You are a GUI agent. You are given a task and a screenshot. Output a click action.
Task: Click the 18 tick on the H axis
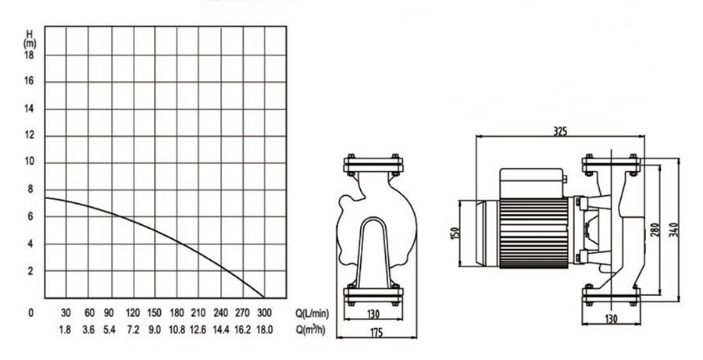[x=29, y=55]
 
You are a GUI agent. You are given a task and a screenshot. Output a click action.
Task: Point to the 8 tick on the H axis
[x=30, y=189]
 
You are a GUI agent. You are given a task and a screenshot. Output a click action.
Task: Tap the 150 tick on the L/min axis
[x=154, y=313]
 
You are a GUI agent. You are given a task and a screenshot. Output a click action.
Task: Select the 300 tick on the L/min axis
[x=264, y=313]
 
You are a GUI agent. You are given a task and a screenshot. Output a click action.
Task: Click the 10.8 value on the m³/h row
[x=177, y=330]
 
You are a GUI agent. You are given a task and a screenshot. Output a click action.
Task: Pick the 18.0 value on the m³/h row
[x=264, y=330]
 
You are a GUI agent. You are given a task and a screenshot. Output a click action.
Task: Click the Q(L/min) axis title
[x=312, y=313]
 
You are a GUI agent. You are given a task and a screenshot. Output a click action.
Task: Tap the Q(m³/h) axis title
[x=311, y=331]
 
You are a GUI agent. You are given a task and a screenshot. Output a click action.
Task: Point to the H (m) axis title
[x=30, y=39]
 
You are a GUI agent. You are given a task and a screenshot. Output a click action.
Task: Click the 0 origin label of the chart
[x=30, y=313]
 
